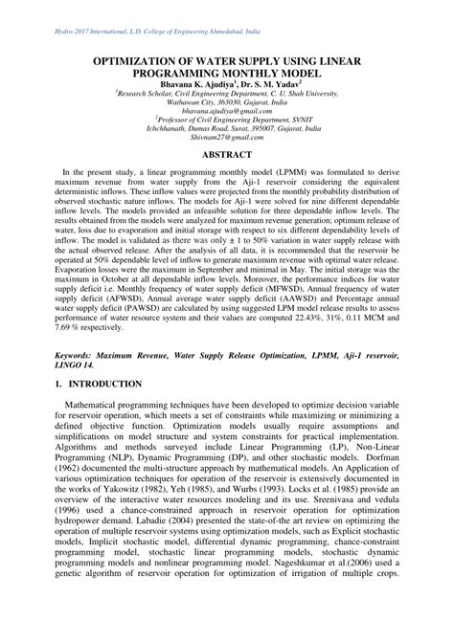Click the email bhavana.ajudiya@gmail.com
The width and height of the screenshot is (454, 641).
(227, 110)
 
